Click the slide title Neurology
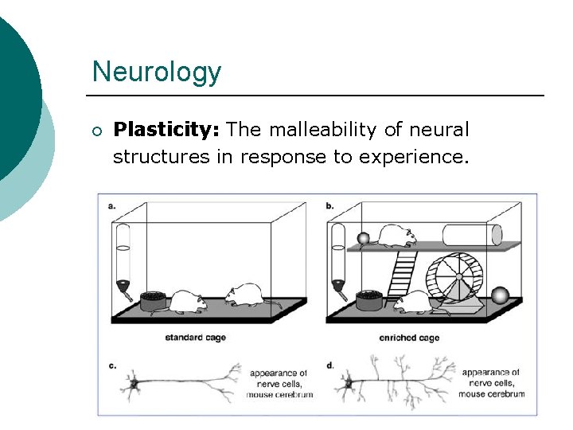[156, 72]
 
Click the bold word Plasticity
[166, 129]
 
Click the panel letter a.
[111, 205]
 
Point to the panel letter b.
[329, 205]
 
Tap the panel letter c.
[112, 365]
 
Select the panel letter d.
[329, 365]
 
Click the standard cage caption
[195, 338]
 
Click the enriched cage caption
[409, 338]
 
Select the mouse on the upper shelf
[396, 234]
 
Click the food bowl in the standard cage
[154, 299]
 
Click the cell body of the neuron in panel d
[347, 385]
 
